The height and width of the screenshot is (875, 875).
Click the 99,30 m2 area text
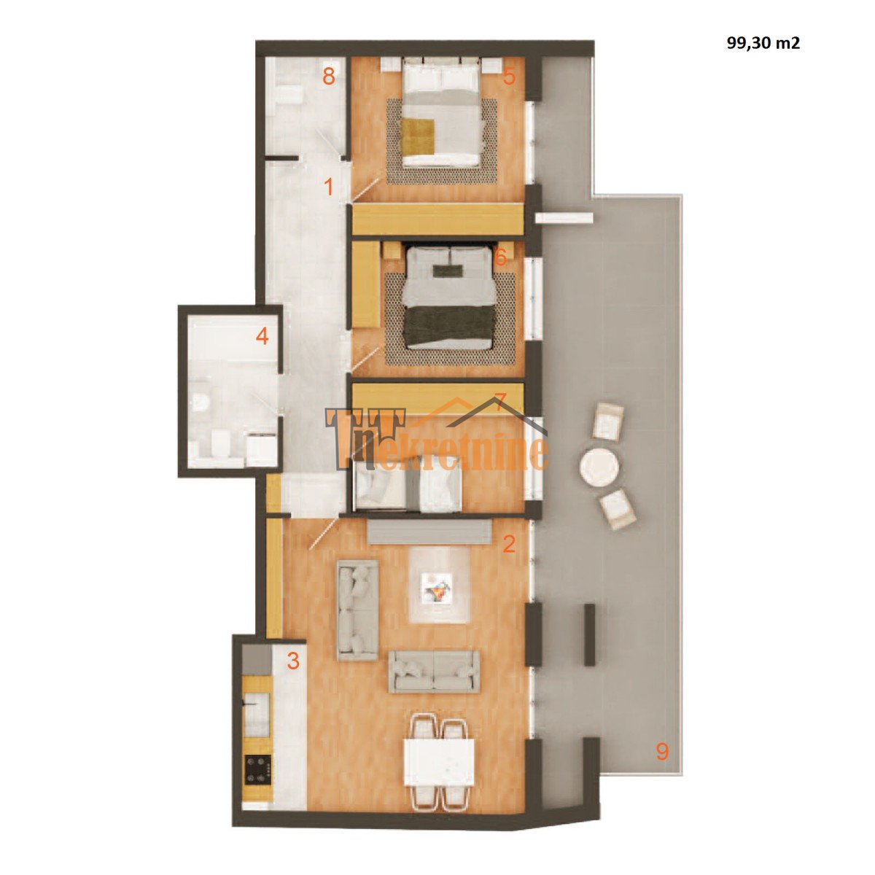click(763, 43)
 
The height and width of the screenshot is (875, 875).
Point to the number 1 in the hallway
click(329, 187)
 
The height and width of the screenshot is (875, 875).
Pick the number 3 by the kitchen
click(293, 661)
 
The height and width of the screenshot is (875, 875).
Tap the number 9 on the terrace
click(663, 752)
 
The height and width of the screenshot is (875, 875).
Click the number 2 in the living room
click(509, 543)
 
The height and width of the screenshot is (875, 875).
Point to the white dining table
click(439, 767)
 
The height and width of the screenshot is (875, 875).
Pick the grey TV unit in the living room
click(429, 532)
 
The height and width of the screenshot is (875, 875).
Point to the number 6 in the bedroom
click(500, 257)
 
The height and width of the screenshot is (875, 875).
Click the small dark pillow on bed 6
click(447, 271)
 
